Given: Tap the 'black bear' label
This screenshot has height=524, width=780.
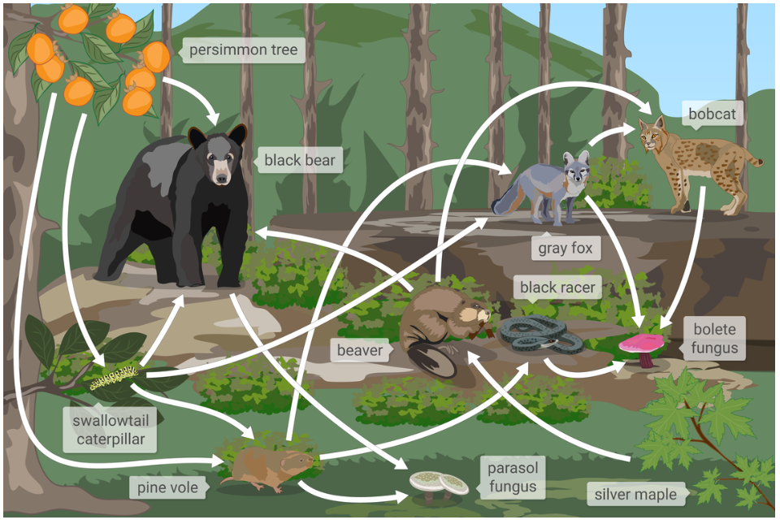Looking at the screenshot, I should [x=299, y=160].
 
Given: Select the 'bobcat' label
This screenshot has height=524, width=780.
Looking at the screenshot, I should [x=712, y=114].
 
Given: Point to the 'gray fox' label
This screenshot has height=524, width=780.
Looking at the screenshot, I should [x=565, y=248].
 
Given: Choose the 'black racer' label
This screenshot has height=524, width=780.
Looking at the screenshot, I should [x=557, y=287].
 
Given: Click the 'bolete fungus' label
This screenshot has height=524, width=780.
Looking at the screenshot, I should [x=715, y=339].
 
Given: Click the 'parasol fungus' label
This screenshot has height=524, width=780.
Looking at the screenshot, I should [x=512, y=478].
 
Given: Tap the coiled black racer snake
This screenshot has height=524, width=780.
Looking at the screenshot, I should [x=531, y=333].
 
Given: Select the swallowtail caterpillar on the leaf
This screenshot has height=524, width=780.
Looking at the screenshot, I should [x=114, y=376].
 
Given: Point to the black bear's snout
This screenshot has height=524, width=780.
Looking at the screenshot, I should [x=221, y=171].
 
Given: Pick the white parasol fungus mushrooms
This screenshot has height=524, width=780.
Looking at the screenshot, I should [x=439, y=483].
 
